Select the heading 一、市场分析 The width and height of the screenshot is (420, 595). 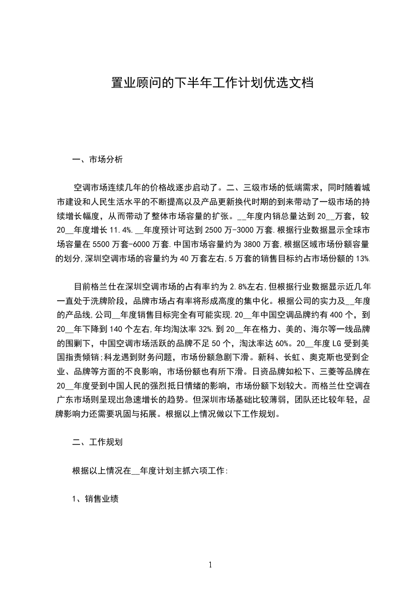point(98,159)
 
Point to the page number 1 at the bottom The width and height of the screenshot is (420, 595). point(210,565)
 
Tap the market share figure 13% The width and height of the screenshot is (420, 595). point(364,259)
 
